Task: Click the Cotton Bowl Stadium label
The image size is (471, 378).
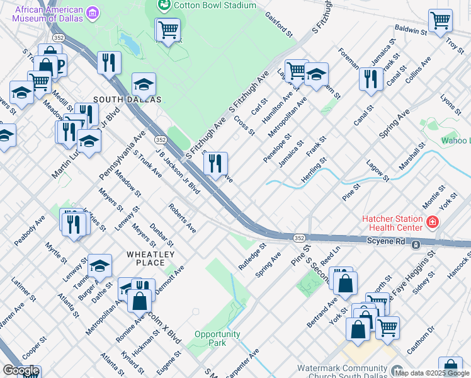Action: (215, 5)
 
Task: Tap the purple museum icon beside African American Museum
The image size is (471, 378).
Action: (93, 13)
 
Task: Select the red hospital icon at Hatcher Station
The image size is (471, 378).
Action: (433, 222)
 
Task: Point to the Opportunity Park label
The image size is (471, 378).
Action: (218, 338)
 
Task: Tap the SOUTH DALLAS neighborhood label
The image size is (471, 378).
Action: (127, 100)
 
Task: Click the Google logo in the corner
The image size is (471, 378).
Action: (21, 370)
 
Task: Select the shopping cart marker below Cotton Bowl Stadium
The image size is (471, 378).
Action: (168, 29)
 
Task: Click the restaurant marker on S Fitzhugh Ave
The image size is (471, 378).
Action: (216, 164)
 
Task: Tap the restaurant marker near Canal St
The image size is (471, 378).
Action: (371, 79)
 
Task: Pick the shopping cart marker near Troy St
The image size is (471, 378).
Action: (440, 21)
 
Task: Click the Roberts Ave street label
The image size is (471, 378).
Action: (182, 218)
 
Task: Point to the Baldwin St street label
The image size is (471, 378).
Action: (411, 29)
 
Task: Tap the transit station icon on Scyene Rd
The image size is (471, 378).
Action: (416, 244)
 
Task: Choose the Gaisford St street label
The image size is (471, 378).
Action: (279, 23)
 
